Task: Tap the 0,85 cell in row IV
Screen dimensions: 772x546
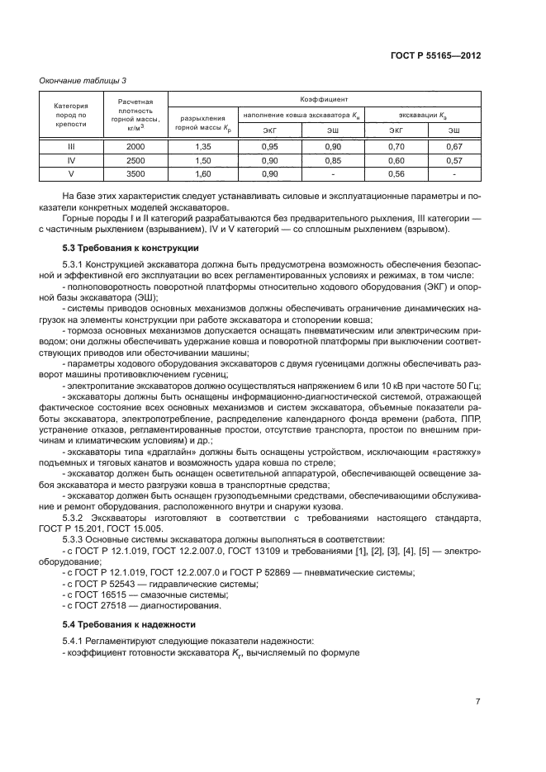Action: coord(332,159)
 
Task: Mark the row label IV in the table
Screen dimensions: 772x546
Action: coord(70,159)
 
